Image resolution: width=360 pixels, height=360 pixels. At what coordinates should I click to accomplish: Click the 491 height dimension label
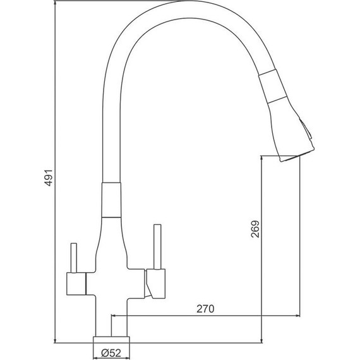point(49,177)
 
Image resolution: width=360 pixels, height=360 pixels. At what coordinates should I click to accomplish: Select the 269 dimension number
point(255,229)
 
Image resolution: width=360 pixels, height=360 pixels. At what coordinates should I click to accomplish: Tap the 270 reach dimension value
point(205,309)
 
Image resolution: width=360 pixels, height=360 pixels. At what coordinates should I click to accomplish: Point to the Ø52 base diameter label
point(111,352)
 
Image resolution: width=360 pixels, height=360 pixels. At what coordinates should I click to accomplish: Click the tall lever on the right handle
point(157,246)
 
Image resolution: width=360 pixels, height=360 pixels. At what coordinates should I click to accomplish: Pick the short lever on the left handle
point(74,258)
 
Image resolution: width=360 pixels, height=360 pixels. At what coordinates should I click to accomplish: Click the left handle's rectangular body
point(76,284)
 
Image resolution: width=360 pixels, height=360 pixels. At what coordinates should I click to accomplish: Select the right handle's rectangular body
point(155,284)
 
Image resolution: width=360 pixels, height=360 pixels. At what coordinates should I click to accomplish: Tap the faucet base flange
point(111,340)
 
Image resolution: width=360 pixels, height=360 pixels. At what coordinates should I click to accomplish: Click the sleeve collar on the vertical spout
point(111,200)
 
